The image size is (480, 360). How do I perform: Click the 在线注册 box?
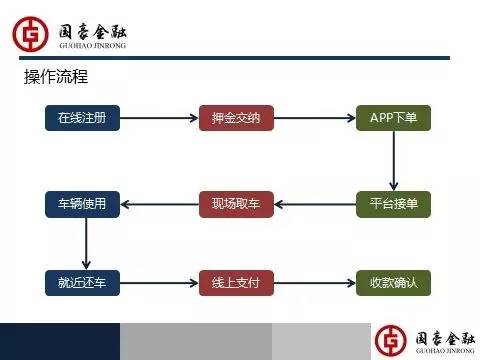point(82,118)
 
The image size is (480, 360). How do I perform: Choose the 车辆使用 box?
point(82,203)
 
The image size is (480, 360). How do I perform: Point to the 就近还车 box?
point(82,283)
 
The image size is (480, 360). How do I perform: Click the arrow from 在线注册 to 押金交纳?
point(159,118)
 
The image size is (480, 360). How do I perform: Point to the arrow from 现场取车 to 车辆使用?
point(159,204)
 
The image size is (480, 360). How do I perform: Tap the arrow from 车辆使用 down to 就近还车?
point(86,243)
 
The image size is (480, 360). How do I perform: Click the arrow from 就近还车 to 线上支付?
point(159,283)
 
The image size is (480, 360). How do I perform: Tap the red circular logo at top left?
point(31,32)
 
